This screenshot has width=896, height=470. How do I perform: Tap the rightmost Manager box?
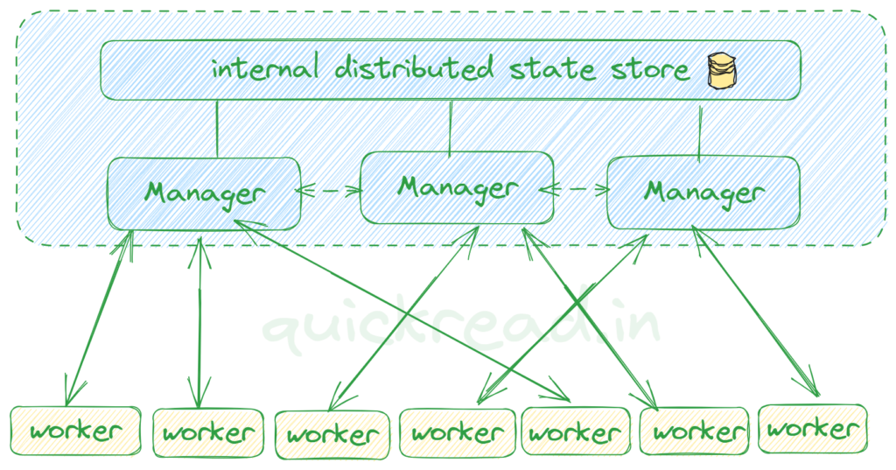pos(703,192)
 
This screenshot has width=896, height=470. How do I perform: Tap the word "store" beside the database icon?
pos(646,68)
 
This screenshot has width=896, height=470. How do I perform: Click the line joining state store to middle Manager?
pos(450,124)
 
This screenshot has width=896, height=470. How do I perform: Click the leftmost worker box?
pos(74,431)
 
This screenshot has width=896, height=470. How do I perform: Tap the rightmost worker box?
pos(812,429)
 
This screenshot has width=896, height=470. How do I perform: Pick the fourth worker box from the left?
pos(458,432)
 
